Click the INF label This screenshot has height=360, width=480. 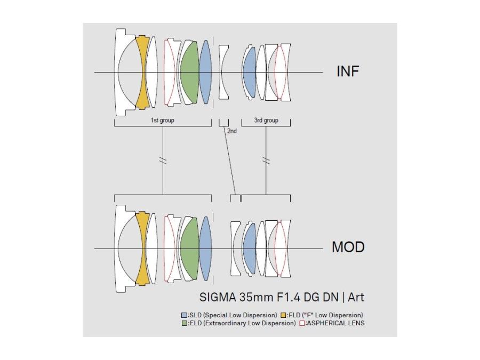point(348,71)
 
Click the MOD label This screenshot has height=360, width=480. point(348,247)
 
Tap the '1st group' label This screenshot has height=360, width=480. point(162,121)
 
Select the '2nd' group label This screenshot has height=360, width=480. point(232,131)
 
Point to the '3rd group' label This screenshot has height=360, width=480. point(266,121)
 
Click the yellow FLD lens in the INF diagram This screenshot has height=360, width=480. point(142,72)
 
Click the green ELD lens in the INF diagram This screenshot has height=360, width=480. point(189,72)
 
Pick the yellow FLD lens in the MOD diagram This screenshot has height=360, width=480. point(142,249)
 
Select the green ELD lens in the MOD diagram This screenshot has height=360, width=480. point(189,249)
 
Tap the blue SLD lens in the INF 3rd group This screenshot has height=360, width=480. point(249,72)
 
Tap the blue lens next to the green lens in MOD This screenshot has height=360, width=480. point(206,249)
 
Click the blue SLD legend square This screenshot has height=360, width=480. point(184,315)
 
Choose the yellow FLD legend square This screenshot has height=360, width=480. point(284,315)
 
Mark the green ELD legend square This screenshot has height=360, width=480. point(184,323)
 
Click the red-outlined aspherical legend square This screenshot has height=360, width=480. point(302,323)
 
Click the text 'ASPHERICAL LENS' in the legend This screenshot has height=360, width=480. point(335,323)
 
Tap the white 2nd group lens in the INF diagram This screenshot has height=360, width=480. point(223,72)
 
